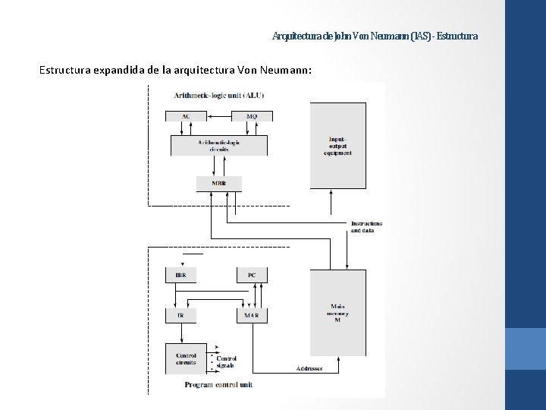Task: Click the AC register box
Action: pos(186,116)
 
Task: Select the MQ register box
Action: pos(252,116)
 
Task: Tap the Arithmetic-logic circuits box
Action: pos(218,145)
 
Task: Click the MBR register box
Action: pos(219,183)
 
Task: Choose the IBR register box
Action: pos(180,275)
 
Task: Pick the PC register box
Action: pos(252,275)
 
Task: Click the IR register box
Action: pos(180,315)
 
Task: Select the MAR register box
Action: pos(252,315)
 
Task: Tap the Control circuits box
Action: pos(186,358)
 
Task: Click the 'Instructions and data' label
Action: pos(367,227)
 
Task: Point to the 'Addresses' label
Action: pos(309,368)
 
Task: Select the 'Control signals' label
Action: pos(227,361)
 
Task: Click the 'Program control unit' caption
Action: pos(219,385)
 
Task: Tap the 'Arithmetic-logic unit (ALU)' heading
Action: pos(219,95)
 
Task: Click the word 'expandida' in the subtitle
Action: pos(121,71)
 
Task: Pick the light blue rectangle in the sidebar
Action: pos(525,349)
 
